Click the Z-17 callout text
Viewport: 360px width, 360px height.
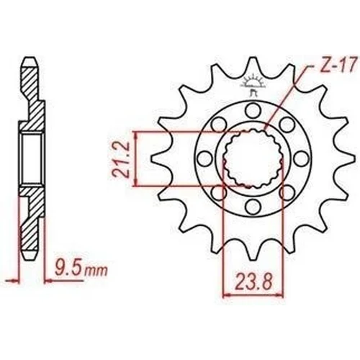pos(338,64)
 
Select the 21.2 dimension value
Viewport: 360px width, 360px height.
pos(121,160)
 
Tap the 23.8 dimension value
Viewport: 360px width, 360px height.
pos(254,282)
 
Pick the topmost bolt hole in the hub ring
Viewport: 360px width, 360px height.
pos(253,109)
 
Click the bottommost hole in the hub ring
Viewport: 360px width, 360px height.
pos(253,206)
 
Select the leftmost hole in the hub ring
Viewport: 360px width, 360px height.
pos(204,158)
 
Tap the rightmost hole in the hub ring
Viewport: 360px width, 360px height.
pos(301,158)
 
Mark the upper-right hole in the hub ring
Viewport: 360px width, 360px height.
pos(287,124)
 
